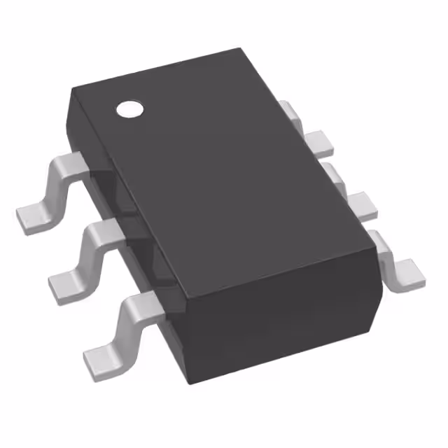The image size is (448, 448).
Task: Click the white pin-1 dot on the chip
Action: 129,108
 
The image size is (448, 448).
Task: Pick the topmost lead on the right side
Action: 308,129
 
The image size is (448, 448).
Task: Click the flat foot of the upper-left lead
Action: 31,216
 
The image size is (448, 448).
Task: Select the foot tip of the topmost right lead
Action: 323,143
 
